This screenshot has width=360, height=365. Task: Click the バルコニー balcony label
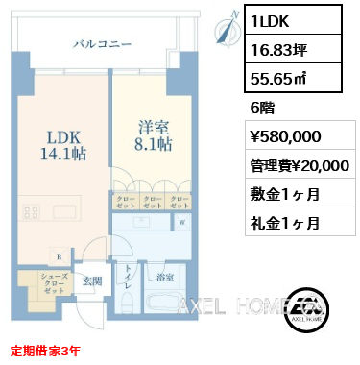click(102, 43)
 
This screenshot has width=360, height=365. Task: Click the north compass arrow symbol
click(228, 31)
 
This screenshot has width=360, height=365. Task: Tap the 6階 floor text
click(260, 109)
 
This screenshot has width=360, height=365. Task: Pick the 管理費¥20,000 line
click(298, 165)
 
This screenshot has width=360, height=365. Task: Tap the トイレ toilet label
click(125, 284)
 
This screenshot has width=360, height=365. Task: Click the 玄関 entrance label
click(91, 280)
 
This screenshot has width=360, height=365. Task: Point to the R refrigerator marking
click(60, 256)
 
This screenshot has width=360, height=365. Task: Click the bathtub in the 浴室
click(163, 304)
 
